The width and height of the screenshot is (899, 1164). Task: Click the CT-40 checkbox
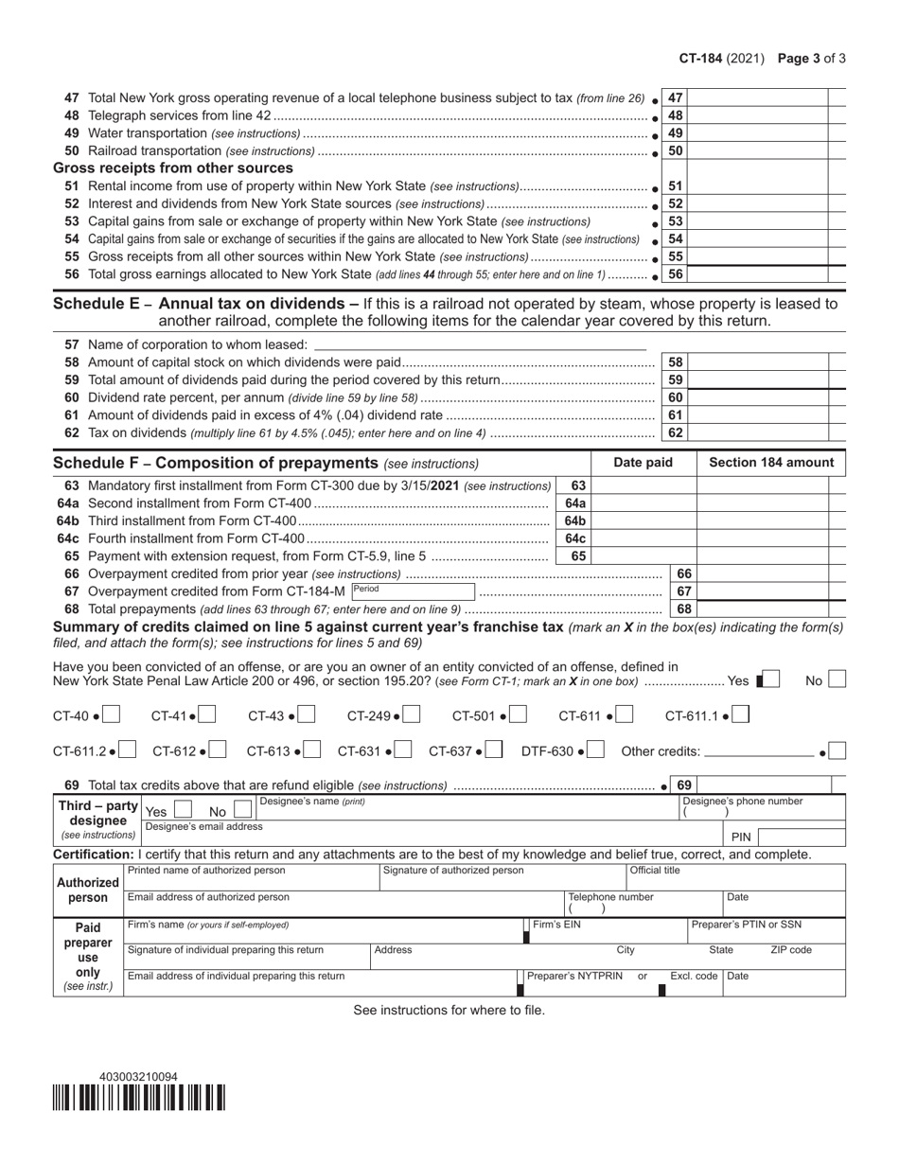[111, 715]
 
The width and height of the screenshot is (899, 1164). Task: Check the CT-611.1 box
[741, 715]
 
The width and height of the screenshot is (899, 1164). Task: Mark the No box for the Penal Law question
[837, 679]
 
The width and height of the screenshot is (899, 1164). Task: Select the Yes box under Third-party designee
[184, 810]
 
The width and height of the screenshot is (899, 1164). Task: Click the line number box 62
[675, 432]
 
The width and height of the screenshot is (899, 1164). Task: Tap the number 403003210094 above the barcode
[138, 1077]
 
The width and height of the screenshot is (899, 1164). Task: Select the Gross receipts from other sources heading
[173, 168]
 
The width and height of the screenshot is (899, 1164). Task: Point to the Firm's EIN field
[606, 930]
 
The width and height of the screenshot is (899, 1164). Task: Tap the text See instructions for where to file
[449, 1010]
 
